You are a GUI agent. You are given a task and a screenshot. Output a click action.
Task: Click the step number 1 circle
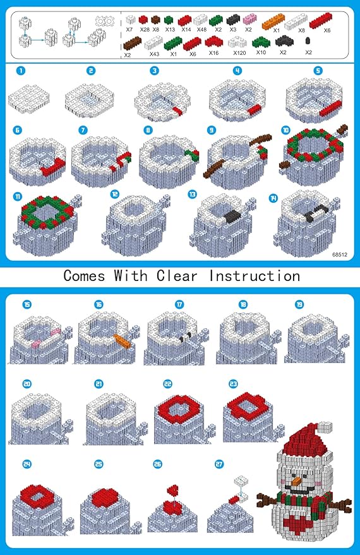tap(21, 71)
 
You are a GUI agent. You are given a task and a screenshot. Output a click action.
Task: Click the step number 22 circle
tap(167, 384)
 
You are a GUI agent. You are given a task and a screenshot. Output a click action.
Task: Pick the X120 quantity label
tap(239, 53)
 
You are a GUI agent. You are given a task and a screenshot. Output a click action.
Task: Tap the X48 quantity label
tap(201, 30)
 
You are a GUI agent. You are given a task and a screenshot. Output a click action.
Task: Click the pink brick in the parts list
tap(249, 21)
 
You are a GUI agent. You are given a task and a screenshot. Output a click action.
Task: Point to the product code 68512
tap(340, 254)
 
